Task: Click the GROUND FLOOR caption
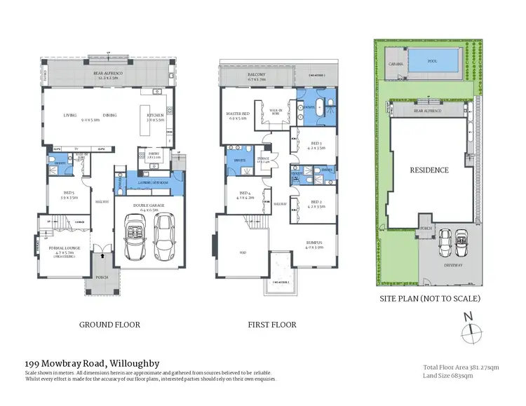click(111, 325)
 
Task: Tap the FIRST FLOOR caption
click(272, 325)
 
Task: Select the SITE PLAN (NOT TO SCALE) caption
click(430, 298)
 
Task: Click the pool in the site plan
click(432, 62)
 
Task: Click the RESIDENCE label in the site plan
click(429, 170)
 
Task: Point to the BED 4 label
click(245, 194)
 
